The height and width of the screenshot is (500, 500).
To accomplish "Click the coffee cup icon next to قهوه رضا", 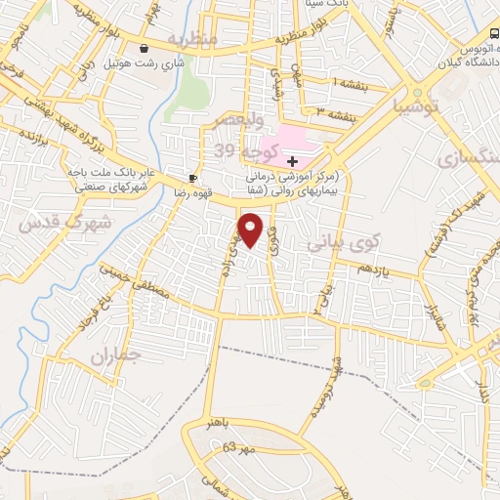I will (x=193, y=178).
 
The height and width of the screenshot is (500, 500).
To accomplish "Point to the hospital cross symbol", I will (x=292, y=160).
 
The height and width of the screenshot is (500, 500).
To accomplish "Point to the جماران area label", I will (x=116, y=356).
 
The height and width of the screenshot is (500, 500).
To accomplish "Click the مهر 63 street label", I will (x=237, y=448).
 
